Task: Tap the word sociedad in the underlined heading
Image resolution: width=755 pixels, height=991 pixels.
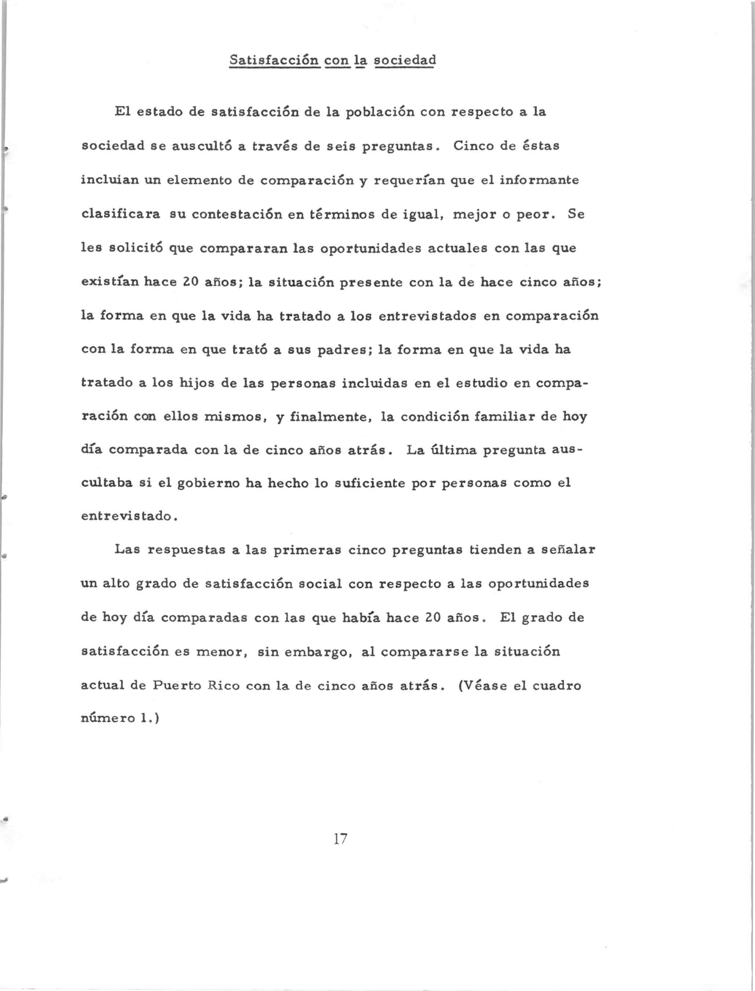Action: coord(404,60)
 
